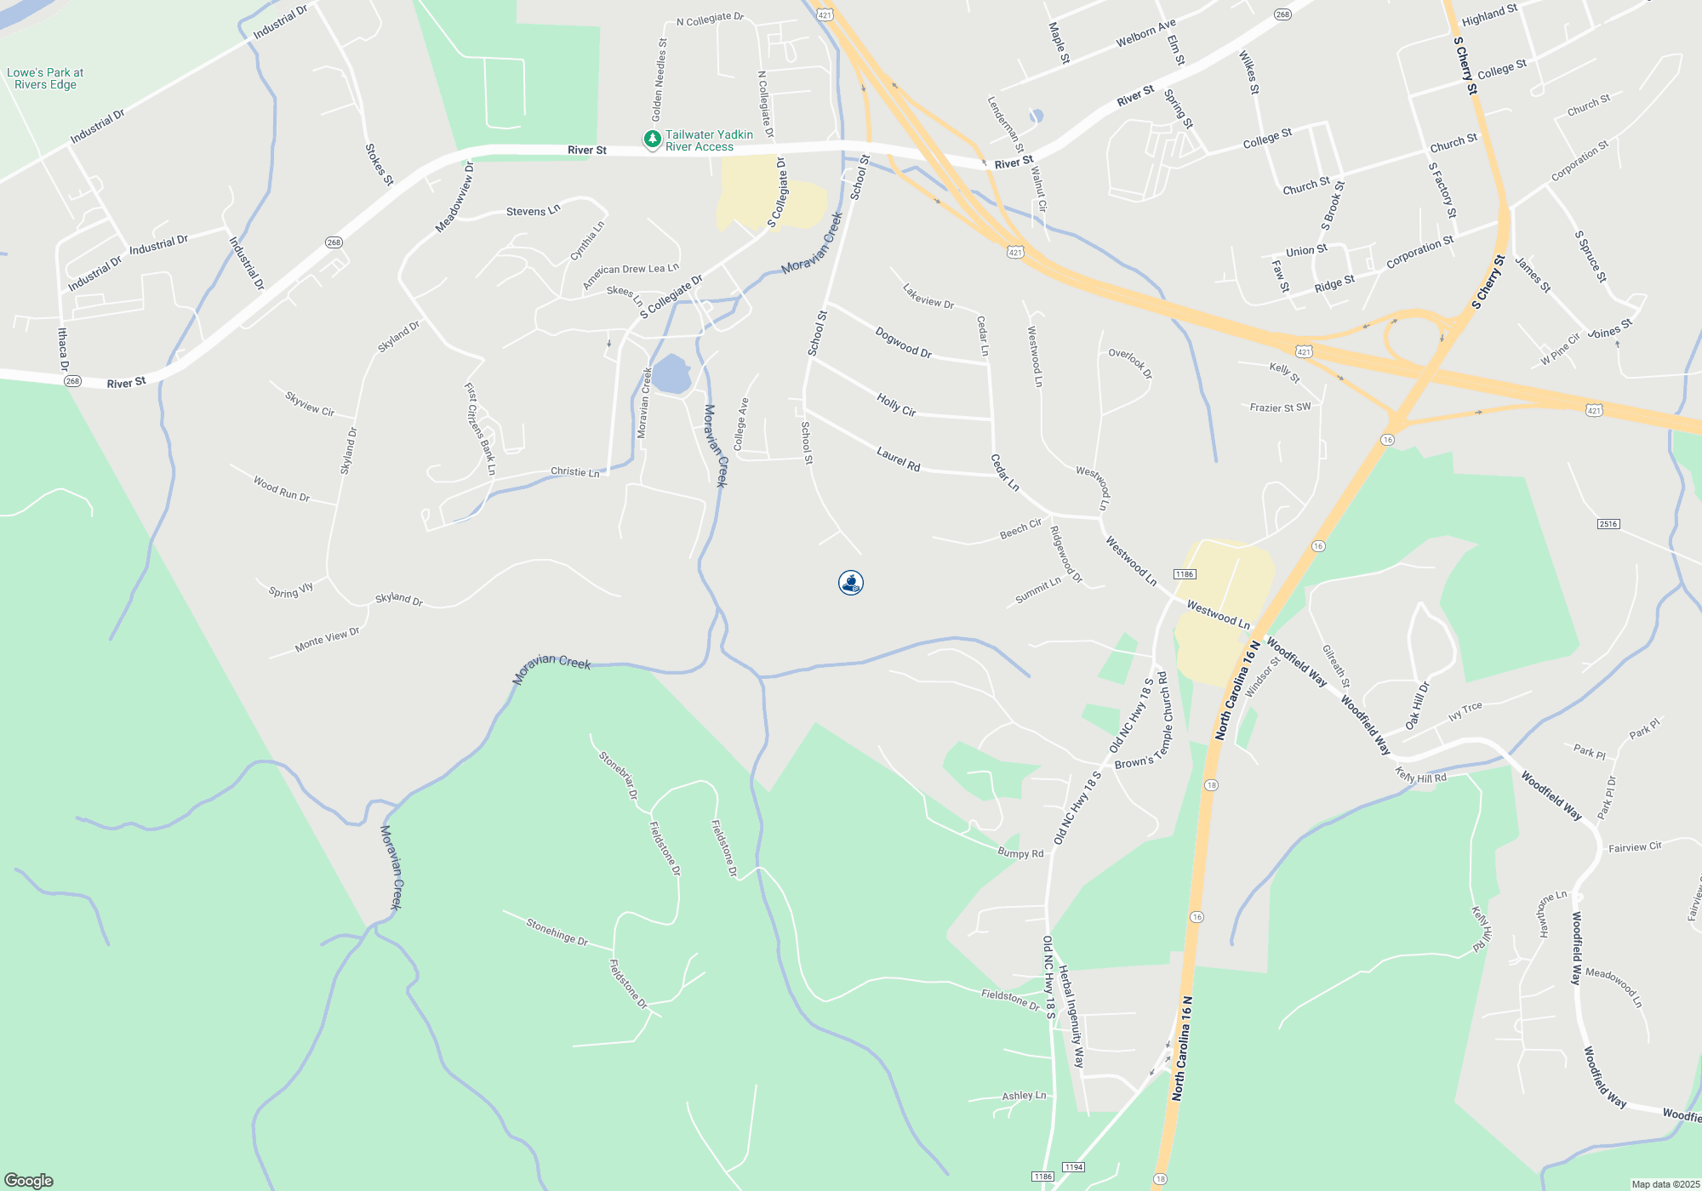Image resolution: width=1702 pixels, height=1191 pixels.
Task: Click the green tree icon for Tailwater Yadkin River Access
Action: [652, 140]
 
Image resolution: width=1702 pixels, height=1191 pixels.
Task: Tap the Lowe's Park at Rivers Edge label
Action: [45, 78]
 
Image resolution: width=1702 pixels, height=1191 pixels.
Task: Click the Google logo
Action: [29, 1180]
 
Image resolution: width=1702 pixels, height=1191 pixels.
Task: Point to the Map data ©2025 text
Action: [1665, 1184]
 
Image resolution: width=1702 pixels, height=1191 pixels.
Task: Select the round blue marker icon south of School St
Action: [851, 583]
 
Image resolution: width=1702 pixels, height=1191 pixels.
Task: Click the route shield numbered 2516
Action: [1608, 524]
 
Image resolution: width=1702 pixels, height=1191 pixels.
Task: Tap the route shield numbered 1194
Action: [1074, 1167]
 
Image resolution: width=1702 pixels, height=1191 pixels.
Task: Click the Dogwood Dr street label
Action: [904, 342]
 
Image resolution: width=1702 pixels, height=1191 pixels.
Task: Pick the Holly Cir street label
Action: [896, 405]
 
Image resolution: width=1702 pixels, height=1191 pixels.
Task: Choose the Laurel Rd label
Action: [899, 460]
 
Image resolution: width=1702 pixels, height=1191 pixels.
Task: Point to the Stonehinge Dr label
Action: [557, 932]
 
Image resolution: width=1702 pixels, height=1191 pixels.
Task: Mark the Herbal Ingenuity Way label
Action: [1071, 1017]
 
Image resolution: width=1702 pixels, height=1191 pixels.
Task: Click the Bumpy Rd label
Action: [1020, 853]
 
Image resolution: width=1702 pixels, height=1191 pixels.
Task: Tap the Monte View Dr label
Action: [328, 639]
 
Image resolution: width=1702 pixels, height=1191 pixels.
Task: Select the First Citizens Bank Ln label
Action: [480, 429]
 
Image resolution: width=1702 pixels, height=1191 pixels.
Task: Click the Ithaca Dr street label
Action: [63, 350]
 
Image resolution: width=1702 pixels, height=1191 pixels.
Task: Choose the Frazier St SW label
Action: [1281, 407]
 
